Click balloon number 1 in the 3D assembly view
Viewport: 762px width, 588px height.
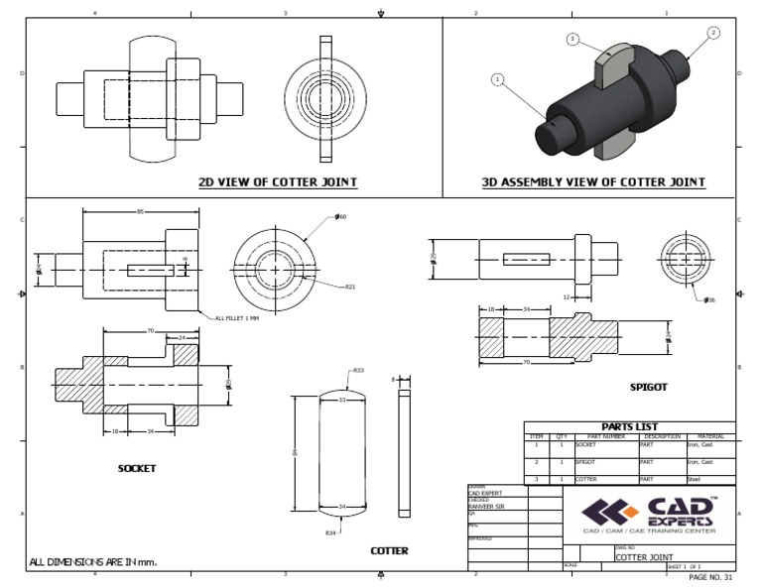497,80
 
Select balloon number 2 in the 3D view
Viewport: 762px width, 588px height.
712,34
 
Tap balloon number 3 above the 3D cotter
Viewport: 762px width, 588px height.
572,40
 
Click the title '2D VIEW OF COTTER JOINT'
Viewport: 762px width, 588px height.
278,182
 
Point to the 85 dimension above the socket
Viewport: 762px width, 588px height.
140,211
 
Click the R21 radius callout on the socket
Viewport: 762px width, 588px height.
350,287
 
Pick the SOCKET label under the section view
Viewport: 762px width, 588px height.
137,467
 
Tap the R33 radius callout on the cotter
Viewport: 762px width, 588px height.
357,371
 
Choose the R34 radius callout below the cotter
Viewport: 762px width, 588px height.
329,532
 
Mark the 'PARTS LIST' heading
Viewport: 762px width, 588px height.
629,426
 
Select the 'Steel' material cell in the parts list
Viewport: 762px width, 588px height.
695,479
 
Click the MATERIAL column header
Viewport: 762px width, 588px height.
710,436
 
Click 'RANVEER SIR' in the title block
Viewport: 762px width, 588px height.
485,506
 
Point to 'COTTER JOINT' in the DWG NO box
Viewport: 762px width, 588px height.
646,557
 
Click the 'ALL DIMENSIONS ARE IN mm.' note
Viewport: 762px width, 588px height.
93,562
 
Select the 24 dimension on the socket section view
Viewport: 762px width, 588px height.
182,338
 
